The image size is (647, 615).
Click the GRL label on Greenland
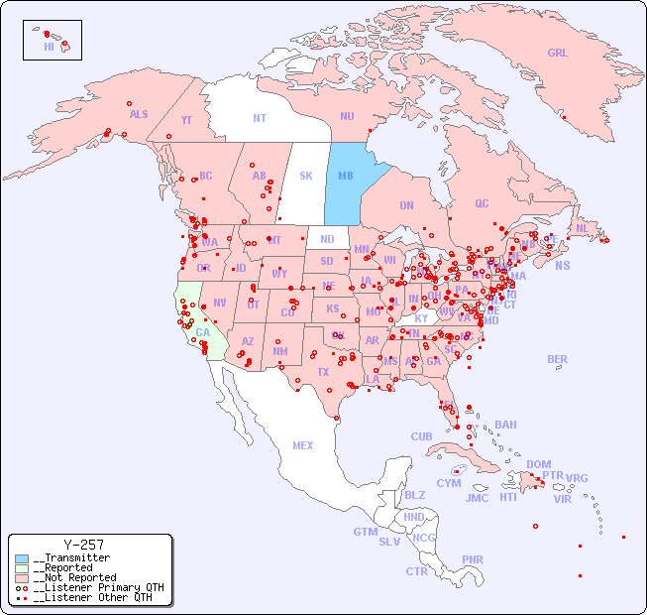pyautogui.click(x=558, y=54)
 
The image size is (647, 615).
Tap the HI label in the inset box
pyautogui.click(x=49, y=47)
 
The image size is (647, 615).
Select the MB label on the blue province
pyautogui.click(x=346, y=177)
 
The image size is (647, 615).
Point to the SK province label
pyautogui.click(x=306, y=177)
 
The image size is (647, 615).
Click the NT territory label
pyautogui.click(x=260, y=118)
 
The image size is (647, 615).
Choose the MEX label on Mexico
pyautogui.click(x=303, y=446)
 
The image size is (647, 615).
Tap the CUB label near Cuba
pyautogui.click(x=421, y=437)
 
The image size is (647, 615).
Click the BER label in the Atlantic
pyautogui.click(x=558, y=360)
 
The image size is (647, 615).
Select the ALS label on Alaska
pyautogui.click(x=139, y=115)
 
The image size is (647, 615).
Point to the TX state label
pyautogui.click(x=323, y=372)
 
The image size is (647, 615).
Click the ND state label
pyautogui.click(x=327, y=239)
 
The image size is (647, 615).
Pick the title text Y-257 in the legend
pyautogui.click(x=83, y=546)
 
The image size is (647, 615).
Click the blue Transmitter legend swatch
pyautogui.click(x=22, y=558)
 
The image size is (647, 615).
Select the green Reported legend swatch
pyautogui.click(x=22, y=568)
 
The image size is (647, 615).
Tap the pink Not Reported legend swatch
pyautogui.click(x=22, y=577)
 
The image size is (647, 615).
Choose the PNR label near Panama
pyautogui.click(x=473, y=559)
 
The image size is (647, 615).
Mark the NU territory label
pyautogui.click(x=347, y=117)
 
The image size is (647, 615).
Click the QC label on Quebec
pyautogui.click(x=482, y=204)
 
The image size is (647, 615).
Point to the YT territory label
pyautogui.click(x=186, y=120)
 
